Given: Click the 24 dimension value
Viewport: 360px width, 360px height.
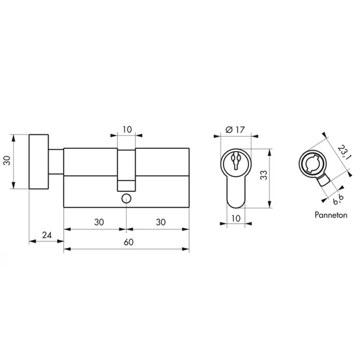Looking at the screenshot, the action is point(47,235).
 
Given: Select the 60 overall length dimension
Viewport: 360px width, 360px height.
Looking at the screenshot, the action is point(128,242).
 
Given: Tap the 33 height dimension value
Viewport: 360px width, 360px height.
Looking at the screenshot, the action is point(264,175).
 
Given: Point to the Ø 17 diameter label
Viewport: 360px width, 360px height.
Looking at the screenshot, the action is point(235,130).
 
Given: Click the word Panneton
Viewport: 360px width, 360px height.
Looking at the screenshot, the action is point(331,215).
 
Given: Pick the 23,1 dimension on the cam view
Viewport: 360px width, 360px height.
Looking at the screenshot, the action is point(342,152).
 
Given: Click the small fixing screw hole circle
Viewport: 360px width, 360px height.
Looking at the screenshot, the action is point(126,199).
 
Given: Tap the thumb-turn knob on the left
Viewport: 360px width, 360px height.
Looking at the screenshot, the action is point(39,161).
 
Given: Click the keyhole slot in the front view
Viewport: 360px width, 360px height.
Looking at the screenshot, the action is point(236,160).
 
